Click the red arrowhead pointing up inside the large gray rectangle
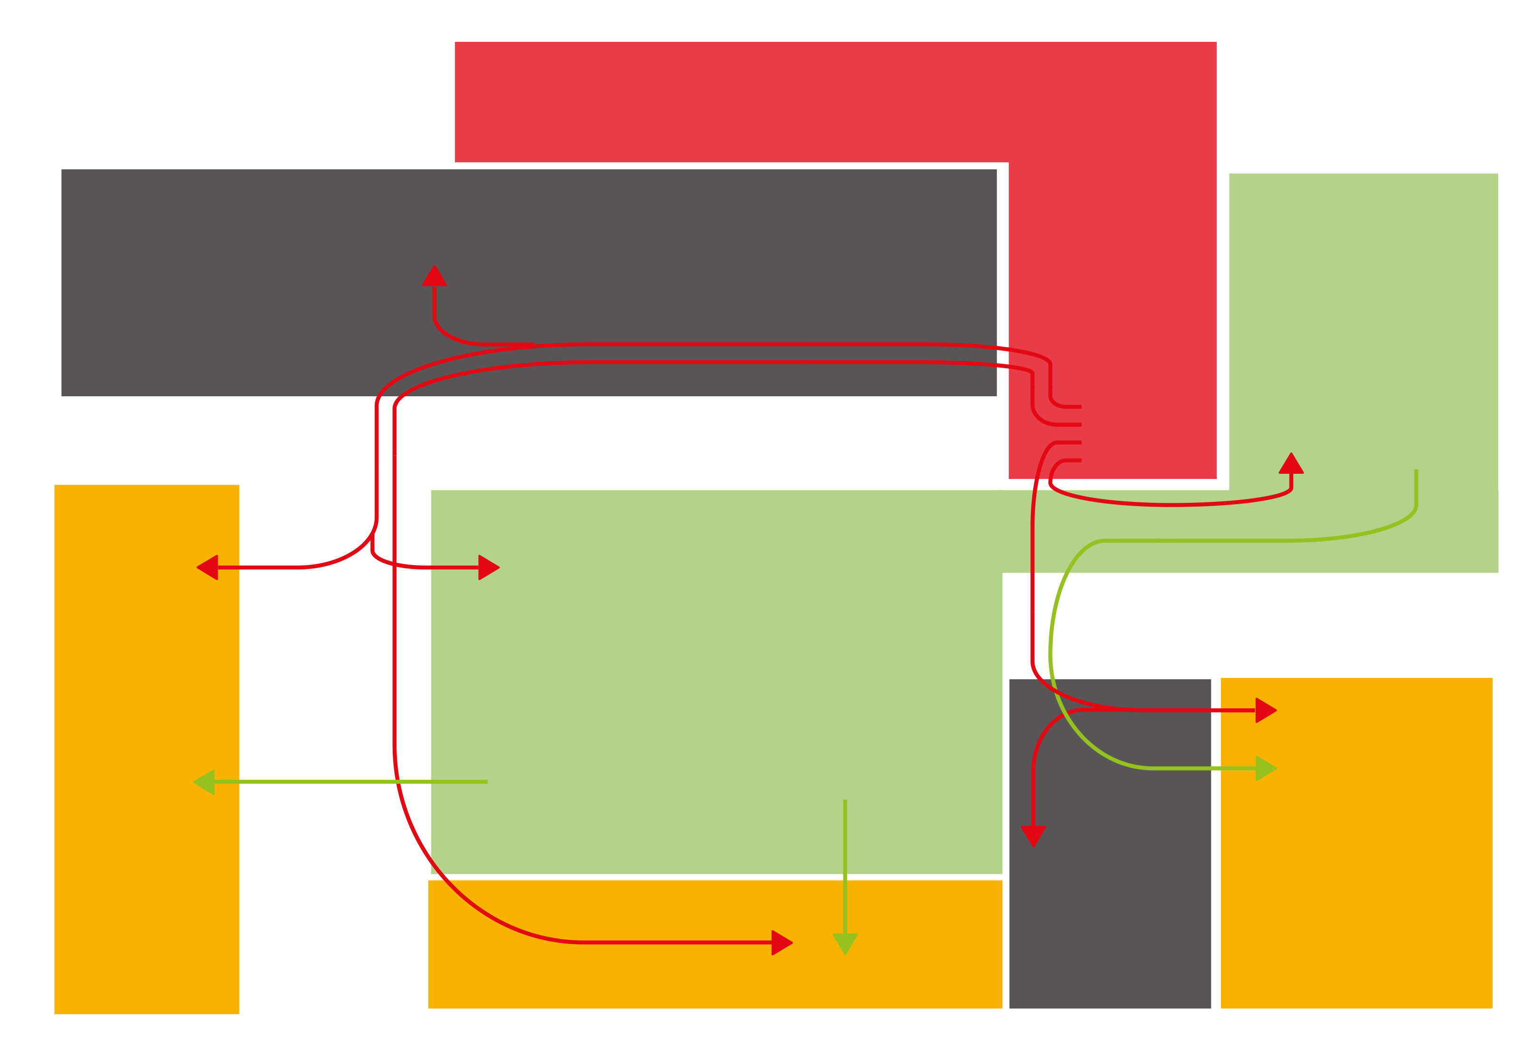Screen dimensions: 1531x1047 click(x=434, y=276)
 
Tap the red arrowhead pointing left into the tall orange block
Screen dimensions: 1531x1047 click(x=208, y=568)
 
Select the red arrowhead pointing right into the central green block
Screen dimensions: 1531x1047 click(x=488, y=568)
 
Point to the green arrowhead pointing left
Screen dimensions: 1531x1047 click(x=205, y=782)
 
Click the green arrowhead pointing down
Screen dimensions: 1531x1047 click(x=845, y=943)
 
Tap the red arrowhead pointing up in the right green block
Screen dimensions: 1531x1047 click(x=1291, y=464)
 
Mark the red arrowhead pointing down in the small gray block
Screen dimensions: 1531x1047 click(x=1033, y=835)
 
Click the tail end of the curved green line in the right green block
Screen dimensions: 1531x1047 click(x=1416, y=470)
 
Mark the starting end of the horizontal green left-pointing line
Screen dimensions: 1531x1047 click(x=486, y=782)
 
